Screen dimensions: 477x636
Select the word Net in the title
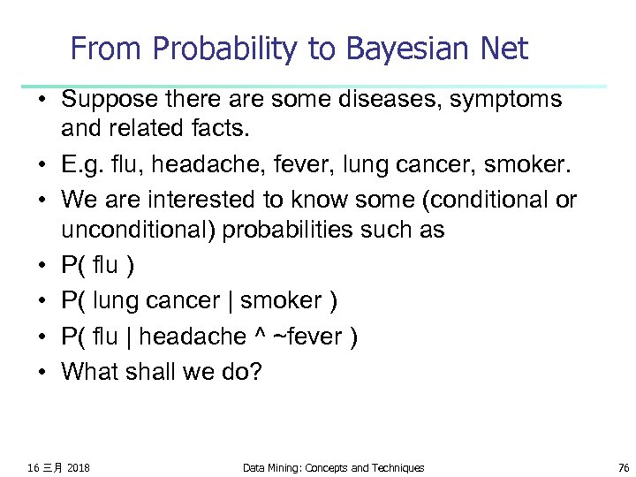point(504,49)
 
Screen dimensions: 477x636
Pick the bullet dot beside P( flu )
point(42,266)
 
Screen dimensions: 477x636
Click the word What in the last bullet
point(89,372)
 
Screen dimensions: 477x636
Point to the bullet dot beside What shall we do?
point(42,372)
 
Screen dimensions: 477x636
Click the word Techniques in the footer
point(396,467)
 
